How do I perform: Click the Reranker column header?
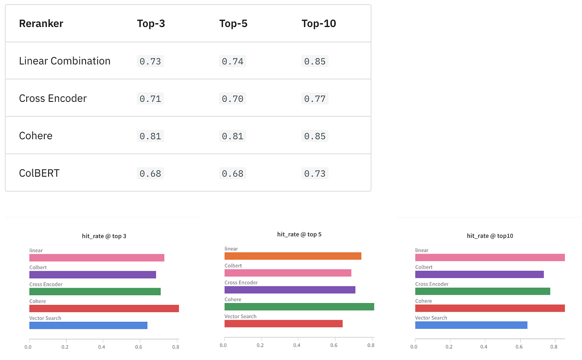coord(41,24)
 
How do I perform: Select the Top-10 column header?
coord(319,24)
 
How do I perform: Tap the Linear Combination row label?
coord(65,61)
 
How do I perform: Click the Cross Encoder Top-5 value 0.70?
coord(233,99)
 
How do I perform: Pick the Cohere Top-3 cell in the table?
coord(150,136)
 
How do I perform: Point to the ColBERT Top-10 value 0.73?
coord(315,173)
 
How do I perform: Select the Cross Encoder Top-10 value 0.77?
coord(315,99)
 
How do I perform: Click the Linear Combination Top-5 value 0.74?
coord(233,61)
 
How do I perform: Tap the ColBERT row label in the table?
coord(39,173)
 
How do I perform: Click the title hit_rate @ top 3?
coord(104,236)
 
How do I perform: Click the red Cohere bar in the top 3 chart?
coord(104,308)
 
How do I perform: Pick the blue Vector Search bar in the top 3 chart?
coord(88,325)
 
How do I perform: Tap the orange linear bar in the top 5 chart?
coord(293,256)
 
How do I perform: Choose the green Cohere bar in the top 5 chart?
coord(299,307)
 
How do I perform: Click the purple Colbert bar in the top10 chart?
coord(479,274)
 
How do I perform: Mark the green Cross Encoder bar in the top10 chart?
coord(483,291)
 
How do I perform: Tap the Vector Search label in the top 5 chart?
coord(240,316)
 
